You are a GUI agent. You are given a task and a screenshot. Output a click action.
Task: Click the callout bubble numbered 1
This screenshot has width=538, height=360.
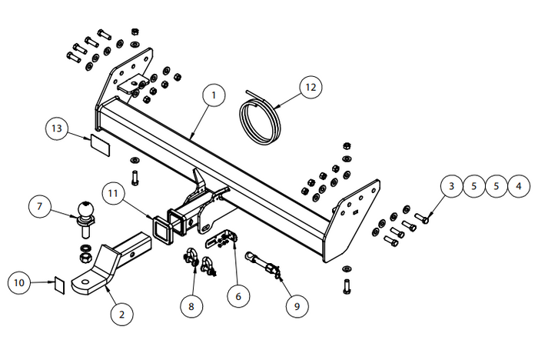click(214, 95)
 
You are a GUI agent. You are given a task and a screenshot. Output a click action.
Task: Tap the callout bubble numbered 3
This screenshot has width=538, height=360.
click(452, 185)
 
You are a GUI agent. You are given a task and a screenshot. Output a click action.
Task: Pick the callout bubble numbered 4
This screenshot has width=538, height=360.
click(519, 185)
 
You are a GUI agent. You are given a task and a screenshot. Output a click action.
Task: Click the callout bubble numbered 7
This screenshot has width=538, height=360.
click(39, 206)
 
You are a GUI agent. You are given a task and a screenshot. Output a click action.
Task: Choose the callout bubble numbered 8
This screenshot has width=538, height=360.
click(192, 306)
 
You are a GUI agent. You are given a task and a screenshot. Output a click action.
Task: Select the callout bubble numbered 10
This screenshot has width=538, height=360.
click(21, 284)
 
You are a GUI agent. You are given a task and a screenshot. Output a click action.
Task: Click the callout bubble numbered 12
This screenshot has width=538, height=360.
click(311, 88)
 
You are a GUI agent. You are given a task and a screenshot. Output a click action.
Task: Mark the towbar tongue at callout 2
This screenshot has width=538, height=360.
click(108, 265)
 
